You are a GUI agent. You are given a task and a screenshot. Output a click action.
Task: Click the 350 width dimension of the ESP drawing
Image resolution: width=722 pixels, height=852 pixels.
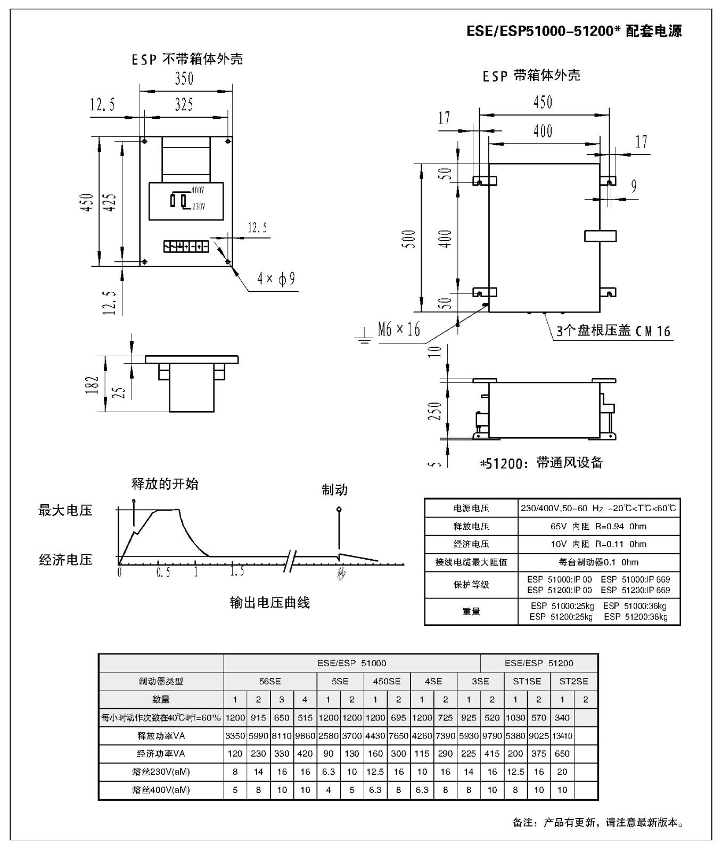click(x=184, y=79)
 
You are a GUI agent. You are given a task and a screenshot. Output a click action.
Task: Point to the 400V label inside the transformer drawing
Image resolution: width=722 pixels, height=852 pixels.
click(x=198, y=190)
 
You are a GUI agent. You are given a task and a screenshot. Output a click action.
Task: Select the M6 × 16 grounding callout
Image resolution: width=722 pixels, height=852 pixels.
click(x=399, y=330)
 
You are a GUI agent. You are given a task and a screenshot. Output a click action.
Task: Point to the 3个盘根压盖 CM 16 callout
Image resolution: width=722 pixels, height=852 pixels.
click(x=613, y=331)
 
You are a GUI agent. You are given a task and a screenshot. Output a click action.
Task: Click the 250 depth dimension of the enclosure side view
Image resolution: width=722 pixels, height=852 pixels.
click(x=436, y=411)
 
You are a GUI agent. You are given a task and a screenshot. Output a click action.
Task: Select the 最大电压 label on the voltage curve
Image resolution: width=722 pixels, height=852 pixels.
click(x=65, y=511)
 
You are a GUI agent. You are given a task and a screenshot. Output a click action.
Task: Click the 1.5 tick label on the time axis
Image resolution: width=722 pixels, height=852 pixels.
click(x=237, y=572)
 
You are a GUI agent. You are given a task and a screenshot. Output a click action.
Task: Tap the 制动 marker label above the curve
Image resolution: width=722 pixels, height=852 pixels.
click(x=334, y=490)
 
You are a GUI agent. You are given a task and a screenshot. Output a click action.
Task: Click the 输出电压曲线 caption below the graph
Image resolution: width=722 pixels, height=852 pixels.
click(x=269, y=603)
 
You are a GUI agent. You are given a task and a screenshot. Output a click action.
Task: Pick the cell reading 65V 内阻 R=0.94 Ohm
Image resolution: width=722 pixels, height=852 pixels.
click(x=598, y=527)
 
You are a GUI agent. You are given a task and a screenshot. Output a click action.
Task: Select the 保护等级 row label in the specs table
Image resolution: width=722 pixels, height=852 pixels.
click(x=471, y=585)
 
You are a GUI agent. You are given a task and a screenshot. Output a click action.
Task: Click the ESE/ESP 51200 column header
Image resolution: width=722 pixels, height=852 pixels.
click(x=539, y=663)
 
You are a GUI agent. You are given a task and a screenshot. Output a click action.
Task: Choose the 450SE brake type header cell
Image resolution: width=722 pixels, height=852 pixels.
click(x=387, y=681)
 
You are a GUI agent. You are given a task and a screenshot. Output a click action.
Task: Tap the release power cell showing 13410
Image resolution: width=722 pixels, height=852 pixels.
click(x=562, y=736)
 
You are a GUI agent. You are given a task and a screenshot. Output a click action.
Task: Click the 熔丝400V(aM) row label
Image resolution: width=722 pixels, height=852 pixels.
click(x=161, y=790)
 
